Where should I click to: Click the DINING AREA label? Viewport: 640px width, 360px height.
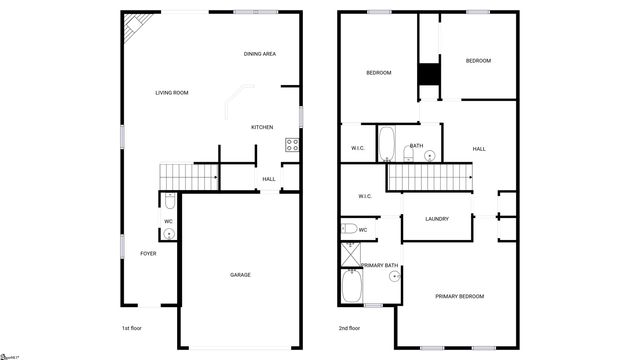[x=260, y=54]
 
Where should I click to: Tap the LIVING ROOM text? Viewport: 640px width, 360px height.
[x=172, y=93]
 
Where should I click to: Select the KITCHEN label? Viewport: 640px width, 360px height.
[x=262, y=127]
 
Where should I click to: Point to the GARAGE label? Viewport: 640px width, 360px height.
[x=240, y=275]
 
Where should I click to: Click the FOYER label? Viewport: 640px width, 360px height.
[x=147, y=253]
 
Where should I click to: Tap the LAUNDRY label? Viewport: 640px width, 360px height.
[x=436, y=219]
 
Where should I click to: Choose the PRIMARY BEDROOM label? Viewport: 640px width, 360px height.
[x=459, y=296]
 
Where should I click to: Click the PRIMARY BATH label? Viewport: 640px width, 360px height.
[x=380, y=265]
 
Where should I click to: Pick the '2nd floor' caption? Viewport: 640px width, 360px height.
[x=349, y=327]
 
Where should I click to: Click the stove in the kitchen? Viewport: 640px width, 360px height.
[x=293, y=145]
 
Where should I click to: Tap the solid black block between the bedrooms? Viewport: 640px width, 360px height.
[x=429, y=76]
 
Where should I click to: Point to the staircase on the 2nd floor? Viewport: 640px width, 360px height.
[x=429, y=179]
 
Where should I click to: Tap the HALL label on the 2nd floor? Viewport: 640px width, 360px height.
[x=479, y=149]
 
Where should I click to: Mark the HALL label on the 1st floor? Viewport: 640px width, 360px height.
[x=269, y=180]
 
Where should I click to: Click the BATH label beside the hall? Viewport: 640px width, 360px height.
[x=416, y=146]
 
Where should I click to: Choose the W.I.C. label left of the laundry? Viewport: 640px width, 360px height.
[x=362, y=196]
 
